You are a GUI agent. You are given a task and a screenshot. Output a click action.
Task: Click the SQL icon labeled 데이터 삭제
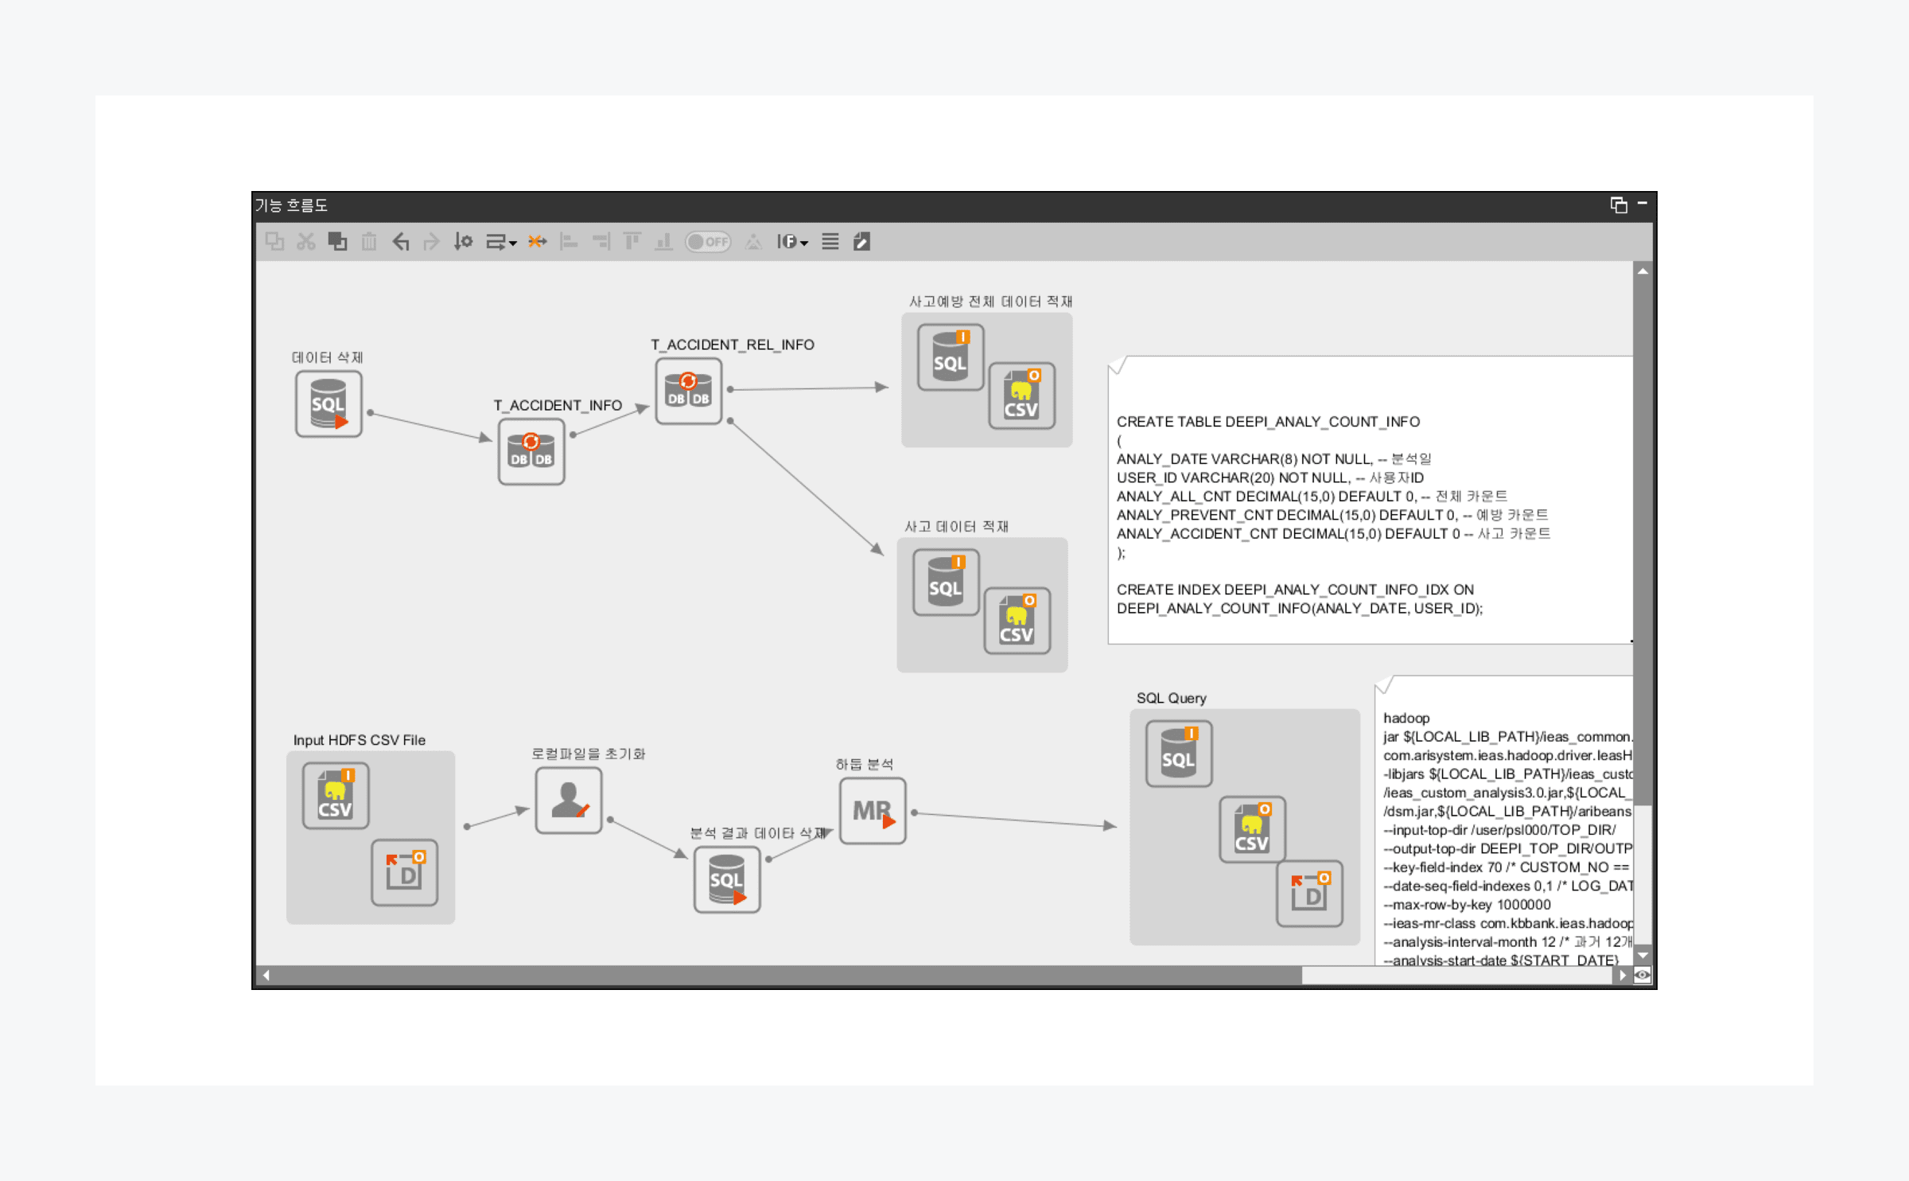pos(329,404)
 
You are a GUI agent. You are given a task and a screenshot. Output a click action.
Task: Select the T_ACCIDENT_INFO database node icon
pos(531,452)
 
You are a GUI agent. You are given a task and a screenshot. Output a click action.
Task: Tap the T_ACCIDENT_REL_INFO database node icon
pos(689,391)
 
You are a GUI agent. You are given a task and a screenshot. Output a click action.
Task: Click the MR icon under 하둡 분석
pos(873,811)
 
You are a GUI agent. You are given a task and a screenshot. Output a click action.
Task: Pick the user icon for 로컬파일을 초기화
pos(569,801)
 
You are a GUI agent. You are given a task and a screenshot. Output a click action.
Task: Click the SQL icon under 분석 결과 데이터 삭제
pos(727,879)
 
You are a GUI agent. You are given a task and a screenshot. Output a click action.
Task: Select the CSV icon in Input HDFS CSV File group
pos(336,796)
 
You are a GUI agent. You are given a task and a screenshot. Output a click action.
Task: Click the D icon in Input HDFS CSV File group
pos(405,872)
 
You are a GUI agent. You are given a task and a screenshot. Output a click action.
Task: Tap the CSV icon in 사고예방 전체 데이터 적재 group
pos(1021,396)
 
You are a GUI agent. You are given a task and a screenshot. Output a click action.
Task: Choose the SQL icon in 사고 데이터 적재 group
pos(946,583)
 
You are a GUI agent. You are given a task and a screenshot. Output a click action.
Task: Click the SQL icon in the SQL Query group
pos(1179,754)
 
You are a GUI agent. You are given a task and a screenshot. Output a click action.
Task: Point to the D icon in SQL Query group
pos(1309,893)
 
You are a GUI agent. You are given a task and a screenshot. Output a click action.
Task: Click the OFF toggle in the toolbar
pos(708,242)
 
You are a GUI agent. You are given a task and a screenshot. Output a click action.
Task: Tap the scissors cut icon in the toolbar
pos(306,241)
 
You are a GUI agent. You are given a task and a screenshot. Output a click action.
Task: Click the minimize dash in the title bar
pos(1642,204)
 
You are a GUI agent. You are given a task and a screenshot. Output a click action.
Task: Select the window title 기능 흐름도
pos(291,205)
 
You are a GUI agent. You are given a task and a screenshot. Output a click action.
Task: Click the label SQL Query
pos(1171,698)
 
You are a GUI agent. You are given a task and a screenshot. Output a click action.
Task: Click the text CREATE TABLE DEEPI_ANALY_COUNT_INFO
pos(1268,422)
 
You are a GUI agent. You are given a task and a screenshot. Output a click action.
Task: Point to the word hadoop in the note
pos(1406,718)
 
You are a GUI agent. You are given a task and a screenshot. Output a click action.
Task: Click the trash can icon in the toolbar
pos(369,241)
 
